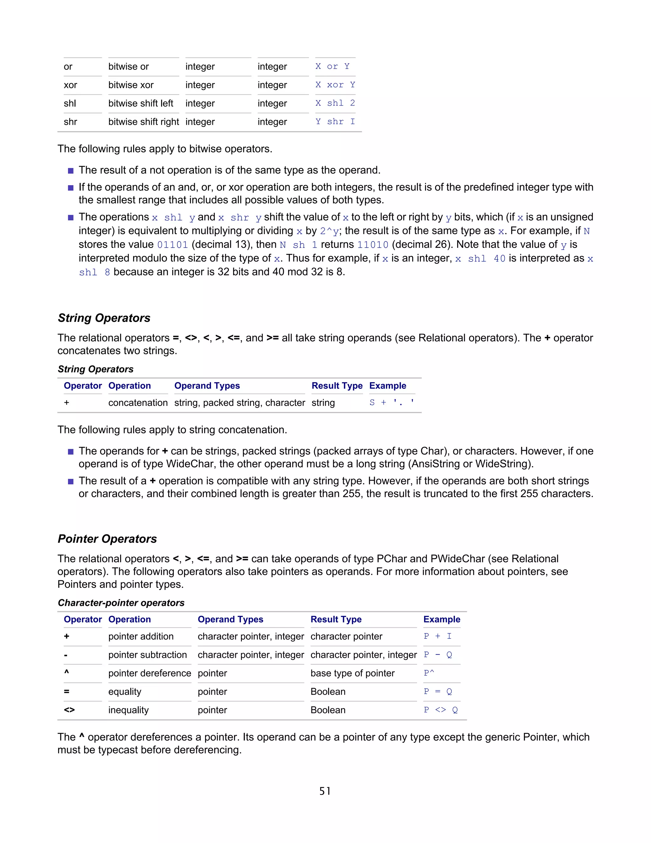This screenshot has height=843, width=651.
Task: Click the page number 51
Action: (325, 791)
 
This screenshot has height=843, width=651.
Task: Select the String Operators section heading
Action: (104, 318)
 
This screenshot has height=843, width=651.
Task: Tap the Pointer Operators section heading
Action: (107, 539)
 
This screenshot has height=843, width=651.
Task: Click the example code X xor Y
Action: (335, 85)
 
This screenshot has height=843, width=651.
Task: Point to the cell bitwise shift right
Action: (143, 122)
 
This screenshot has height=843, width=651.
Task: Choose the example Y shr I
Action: (335, 122)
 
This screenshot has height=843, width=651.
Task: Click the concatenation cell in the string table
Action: (138, 403)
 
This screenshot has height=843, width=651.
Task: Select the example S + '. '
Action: (391, 403)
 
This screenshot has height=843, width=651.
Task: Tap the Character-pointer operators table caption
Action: (121, 603)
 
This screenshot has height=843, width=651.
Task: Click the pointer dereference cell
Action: (150, 673)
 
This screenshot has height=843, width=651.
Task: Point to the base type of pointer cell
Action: (353, 673)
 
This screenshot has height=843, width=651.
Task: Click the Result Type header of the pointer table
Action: (336, 619)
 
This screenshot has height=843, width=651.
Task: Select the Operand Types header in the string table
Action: (207, 386)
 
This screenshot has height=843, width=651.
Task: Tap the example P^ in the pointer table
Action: (429, 673)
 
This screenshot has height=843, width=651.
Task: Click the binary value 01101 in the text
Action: (172, 245)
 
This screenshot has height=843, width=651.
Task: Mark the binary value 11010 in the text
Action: (373, 245)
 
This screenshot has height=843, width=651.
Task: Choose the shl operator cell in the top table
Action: (70, 103)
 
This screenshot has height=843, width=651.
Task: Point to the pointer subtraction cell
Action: (147, 655)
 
